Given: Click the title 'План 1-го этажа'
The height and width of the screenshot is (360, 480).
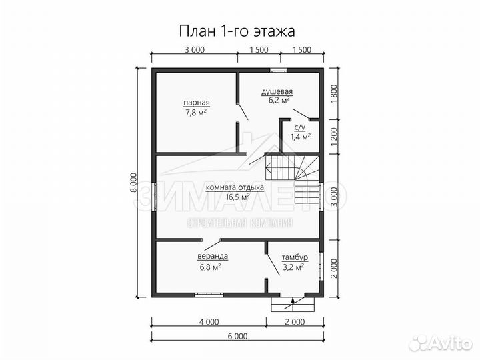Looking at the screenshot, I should tap(237, 31).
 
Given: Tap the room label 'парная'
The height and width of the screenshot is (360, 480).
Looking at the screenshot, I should tap(197, 103).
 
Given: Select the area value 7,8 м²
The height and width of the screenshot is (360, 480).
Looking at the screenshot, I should tap(197, 113).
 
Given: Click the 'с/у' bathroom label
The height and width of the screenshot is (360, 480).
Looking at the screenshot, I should tap(300, 127).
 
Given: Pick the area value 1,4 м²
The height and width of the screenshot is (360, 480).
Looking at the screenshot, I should tap(300, 137).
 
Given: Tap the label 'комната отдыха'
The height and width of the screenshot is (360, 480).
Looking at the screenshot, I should tap(235, 187).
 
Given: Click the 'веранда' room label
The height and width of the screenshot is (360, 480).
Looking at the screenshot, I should tap(213, 256).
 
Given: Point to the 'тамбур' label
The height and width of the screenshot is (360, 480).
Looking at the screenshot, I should tap(293, 257).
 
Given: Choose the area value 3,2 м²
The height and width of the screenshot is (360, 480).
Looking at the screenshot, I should tap(293, 267).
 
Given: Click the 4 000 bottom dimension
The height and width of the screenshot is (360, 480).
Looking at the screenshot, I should tap(208, 321).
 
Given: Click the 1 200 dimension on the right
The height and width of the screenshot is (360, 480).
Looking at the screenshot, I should tap(334, 137).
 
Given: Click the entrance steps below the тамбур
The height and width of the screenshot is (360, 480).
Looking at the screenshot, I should tap(292, 303).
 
